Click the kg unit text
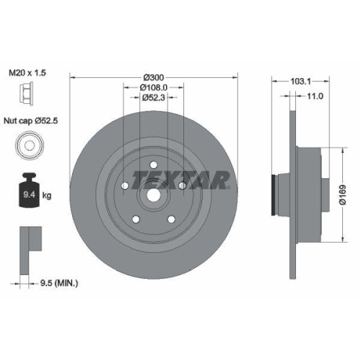point(48,195)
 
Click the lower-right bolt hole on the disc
point(171,218)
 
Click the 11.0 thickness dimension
point(314,95)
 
